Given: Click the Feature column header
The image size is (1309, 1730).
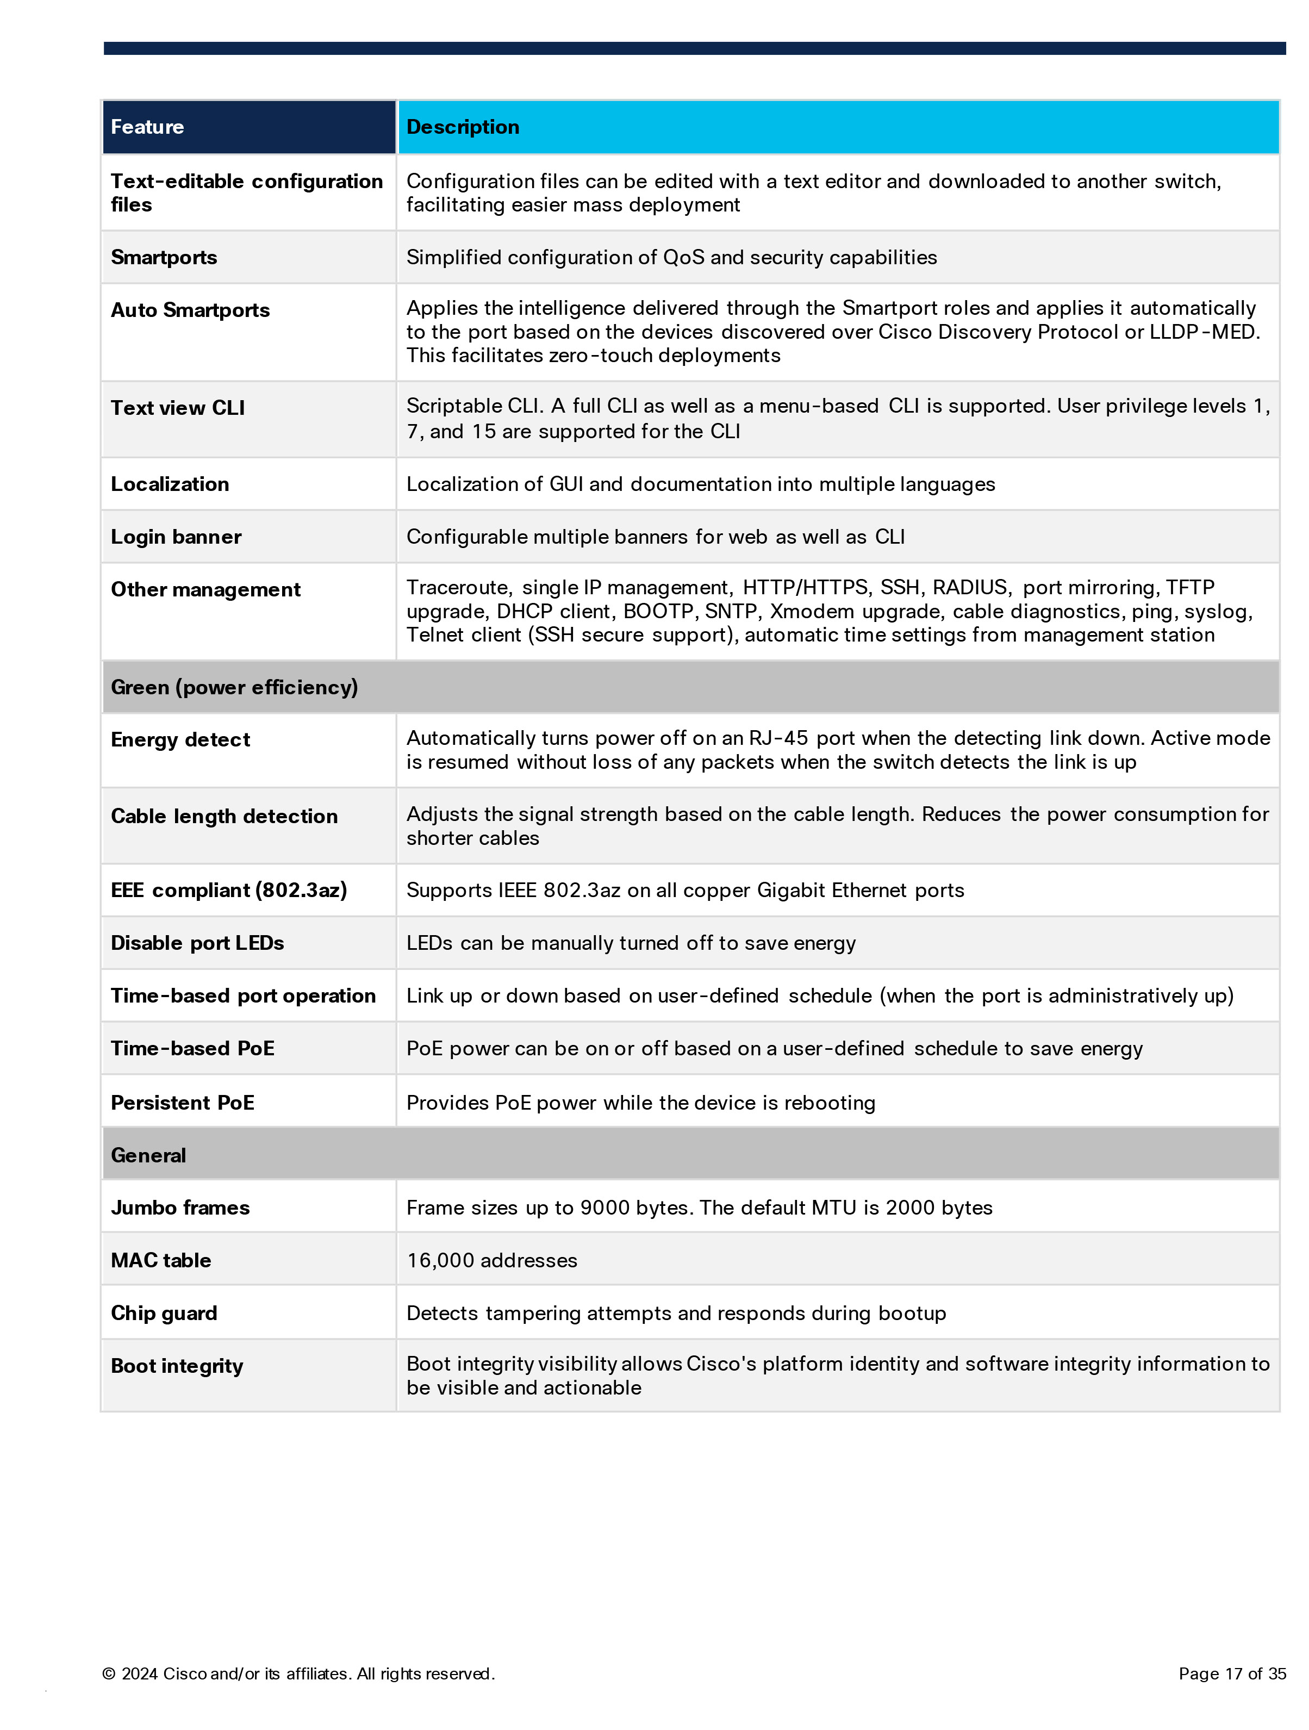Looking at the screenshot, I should [147, 127].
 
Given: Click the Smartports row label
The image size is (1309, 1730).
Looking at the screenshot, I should [164, 257].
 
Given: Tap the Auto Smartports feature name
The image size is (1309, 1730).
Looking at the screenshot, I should [190, 310].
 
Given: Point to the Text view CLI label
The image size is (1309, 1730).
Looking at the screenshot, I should [178, 407].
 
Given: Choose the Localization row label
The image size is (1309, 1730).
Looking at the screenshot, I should [170, 484].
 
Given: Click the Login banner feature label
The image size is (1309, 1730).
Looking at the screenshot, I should [176, 537].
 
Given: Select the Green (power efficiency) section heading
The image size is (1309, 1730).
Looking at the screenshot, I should [234, 687].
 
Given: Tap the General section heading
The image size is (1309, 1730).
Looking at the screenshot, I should [148, 1155].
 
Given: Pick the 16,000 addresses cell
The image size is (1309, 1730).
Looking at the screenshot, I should [492, 1260].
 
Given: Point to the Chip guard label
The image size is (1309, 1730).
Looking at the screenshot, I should [164, 1312].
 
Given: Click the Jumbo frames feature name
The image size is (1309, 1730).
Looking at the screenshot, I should [180, 1208].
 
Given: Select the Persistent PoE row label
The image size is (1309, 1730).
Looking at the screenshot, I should [182, 1103].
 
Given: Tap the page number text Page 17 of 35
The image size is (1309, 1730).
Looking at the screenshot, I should [1232, 1673].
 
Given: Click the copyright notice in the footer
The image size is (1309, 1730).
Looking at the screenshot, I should [298, 1673].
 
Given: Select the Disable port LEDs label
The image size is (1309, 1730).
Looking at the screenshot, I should [197, 942].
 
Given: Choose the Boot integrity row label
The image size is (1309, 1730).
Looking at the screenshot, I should [177, 1366].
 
